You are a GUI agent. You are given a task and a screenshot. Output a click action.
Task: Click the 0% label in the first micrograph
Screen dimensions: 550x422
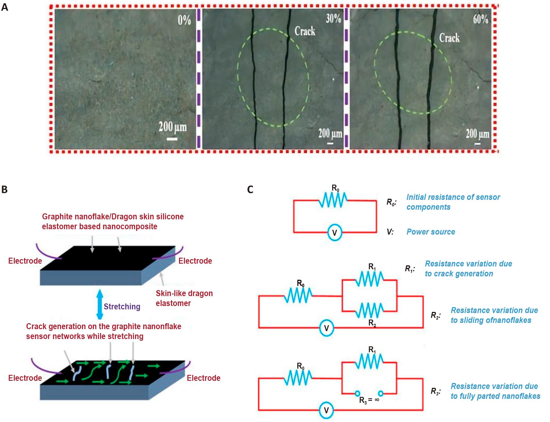coord(184,20)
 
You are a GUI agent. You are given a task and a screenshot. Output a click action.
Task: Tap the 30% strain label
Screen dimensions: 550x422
coord(333,19)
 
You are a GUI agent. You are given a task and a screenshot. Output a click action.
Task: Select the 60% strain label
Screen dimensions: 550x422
coord(481,19)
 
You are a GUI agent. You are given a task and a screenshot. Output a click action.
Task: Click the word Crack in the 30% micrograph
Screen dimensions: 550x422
coord(305,31)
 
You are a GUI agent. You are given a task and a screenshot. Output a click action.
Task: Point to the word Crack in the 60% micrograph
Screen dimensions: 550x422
coord(449,38)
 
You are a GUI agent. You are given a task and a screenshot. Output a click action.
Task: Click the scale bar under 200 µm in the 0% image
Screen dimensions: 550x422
coord(172,139)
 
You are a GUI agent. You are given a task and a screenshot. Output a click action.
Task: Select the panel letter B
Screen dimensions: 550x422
coord(5,189)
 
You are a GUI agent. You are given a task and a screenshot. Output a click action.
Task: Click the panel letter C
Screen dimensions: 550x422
coord(250,189)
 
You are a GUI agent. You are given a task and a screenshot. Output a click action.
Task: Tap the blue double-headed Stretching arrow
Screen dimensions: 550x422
coord(100,304)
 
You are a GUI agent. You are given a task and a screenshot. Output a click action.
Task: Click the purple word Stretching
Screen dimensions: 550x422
coord(122,307)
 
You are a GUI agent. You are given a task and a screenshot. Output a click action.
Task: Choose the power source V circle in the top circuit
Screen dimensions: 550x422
coord(335,233)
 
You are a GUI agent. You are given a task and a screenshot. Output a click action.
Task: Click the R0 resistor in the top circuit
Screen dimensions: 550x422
coord(333,200)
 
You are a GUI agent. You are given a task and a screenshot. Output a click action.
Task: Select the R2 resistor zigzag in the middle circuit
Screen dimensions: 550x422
coord(369,310)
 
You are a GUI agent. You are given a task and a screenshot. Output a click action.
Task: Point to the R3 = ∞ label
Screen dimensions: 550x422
coord(369,400)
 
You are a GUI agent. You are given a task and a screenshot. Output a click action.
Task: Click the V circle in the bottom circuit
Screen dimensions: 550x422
coord(326,410)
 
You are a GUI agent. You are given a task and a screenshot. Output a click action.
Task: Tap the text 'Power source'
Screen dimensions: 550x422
coord(431,232)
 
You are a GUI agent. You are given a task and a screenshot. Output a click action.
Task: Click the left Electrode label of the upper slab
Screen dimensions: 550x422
coord(25,261)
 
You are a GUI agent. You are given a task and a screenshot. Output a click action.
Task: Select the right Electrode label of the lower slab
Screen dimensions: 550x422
coord(204,378)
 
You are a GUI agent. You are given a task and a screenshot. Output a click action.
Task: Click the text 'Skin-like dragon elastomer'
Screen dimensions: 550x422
coord(184,298)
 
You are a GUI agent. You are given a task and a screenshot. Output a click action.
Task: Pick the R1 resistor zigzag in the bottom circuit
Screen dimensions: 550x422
coord(369,362)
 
